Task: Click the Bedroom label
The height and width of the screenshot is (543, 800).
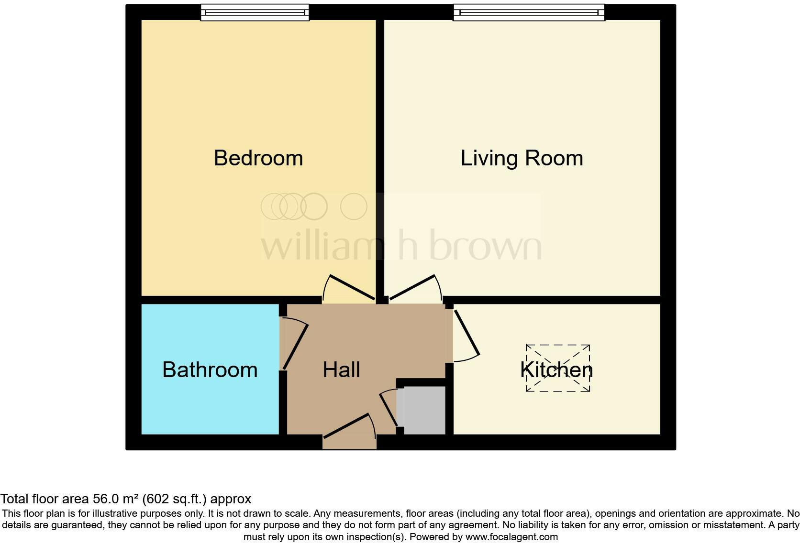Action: [x=258, y=158]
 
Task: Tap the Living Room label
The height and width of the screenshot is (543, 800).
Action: [x=522, y=158]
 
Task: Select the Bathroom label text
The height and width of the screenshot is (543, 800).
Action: [x=210, y=370]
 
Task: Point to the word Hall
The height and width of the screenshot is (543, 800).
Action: [x=341, y=370]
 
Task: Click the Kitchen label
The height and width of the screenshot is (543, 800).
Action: [x=556, y=370]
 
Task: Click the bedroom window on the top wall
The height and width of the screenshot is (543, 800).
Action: [x=255, y=13]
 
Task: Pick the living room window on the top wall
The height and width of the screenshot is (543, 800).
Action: [x=529, y=13]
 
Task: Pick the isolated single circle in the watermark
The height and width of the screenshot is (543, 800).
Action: [x=354, y=206]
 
